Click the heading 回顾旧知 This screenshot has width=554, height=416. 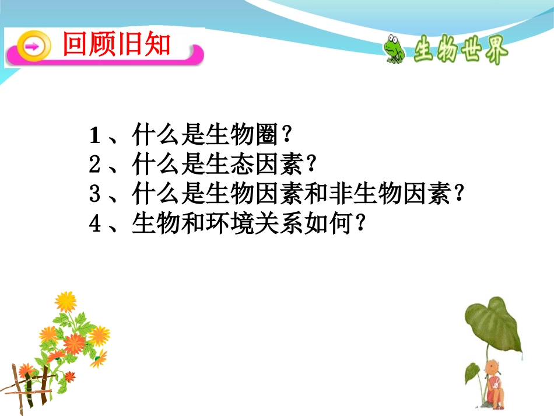click(x=117, y=45)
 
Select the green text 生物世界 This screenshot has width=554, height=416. click(x=461, y=52)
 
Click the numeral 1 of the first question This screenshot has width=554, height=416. click(x=96, y=137)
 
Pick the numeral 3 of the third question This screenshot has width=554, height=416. click(x=96, y=194)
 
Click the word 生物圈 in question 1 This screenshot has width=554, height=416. click(x=240, y=137)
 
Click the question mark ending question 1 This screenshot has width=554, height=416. click(x=285, y=137)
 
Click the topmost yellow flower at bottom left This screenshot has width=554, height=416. click(x=65, y=301)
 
